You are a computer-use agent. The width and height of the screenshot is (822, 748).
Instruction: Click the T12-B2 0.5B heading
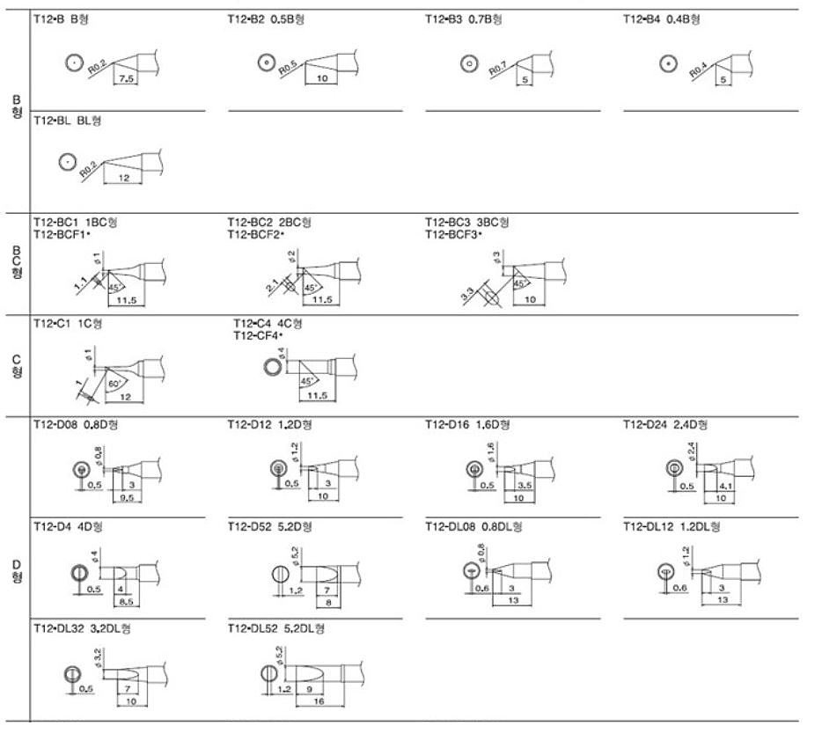pyautogui.click(x=268, y=18)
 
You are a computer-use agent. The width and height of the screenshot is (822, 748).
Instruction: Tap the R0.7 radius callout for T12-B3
pyautogui.click(x=498, y=69)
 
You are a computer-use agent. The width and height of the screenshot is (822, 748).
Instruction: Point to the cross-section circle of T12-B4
pyautogui.click(x=668, y=63)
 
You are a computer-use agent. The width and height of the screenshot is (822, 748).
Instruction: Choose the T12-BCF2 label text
pyautogui.click(x=258, y=234)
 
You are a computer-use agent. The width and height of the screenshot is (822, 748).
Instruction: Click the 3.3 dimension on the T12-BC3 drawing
pyautogui.click(x=467, y=292)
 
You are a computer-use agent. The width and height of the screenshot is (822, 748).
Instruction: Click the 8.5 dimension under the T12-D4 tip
pyautogui.click(x=127, y=601)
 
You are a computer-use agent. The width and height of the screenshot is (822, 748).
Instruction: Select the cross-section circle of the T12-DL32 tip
pyautogui.click(x=72, y=675)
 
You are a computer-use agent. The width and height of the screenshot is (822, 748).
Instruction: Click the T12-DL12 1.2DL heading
pyautogui.click(x=672, y=526)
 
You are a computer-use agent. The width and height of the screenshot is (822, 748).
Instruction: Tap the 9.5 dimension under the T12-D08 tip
pyautogui.click(x=127, y=497)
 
